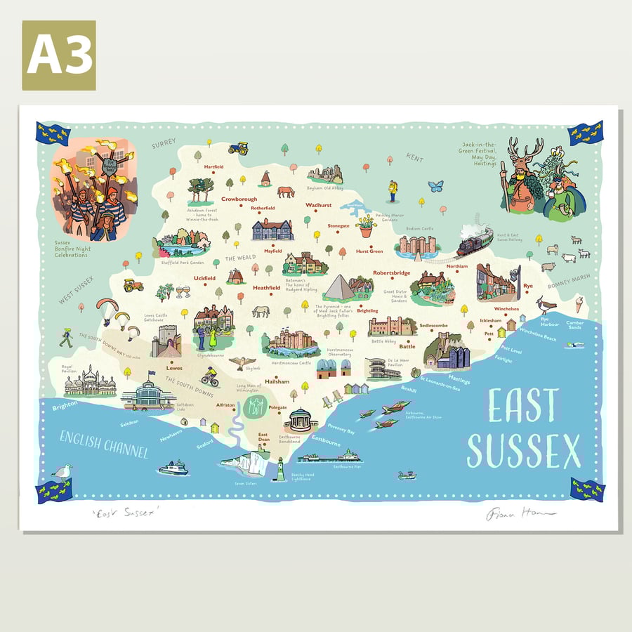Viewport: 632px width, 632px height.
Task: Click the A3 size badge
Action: [59, 55]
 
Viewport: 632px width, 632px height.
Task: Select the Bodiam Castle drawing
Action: [417, 244]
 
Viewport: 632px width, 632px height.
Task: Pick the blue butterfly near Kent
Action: [435, 186]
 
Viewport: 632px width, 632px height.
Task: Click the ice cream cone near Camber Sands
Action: [579, 305]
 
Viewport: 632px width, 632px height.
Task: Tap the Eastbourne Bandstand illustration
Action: [301, 420]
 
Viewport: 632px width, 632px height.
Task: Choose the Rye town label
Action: [527, 286]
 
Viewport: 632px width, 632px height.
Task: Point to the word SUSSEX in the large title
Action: [524, 451]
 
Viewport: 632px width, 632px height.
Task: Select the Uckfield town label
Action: [204, 278]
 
